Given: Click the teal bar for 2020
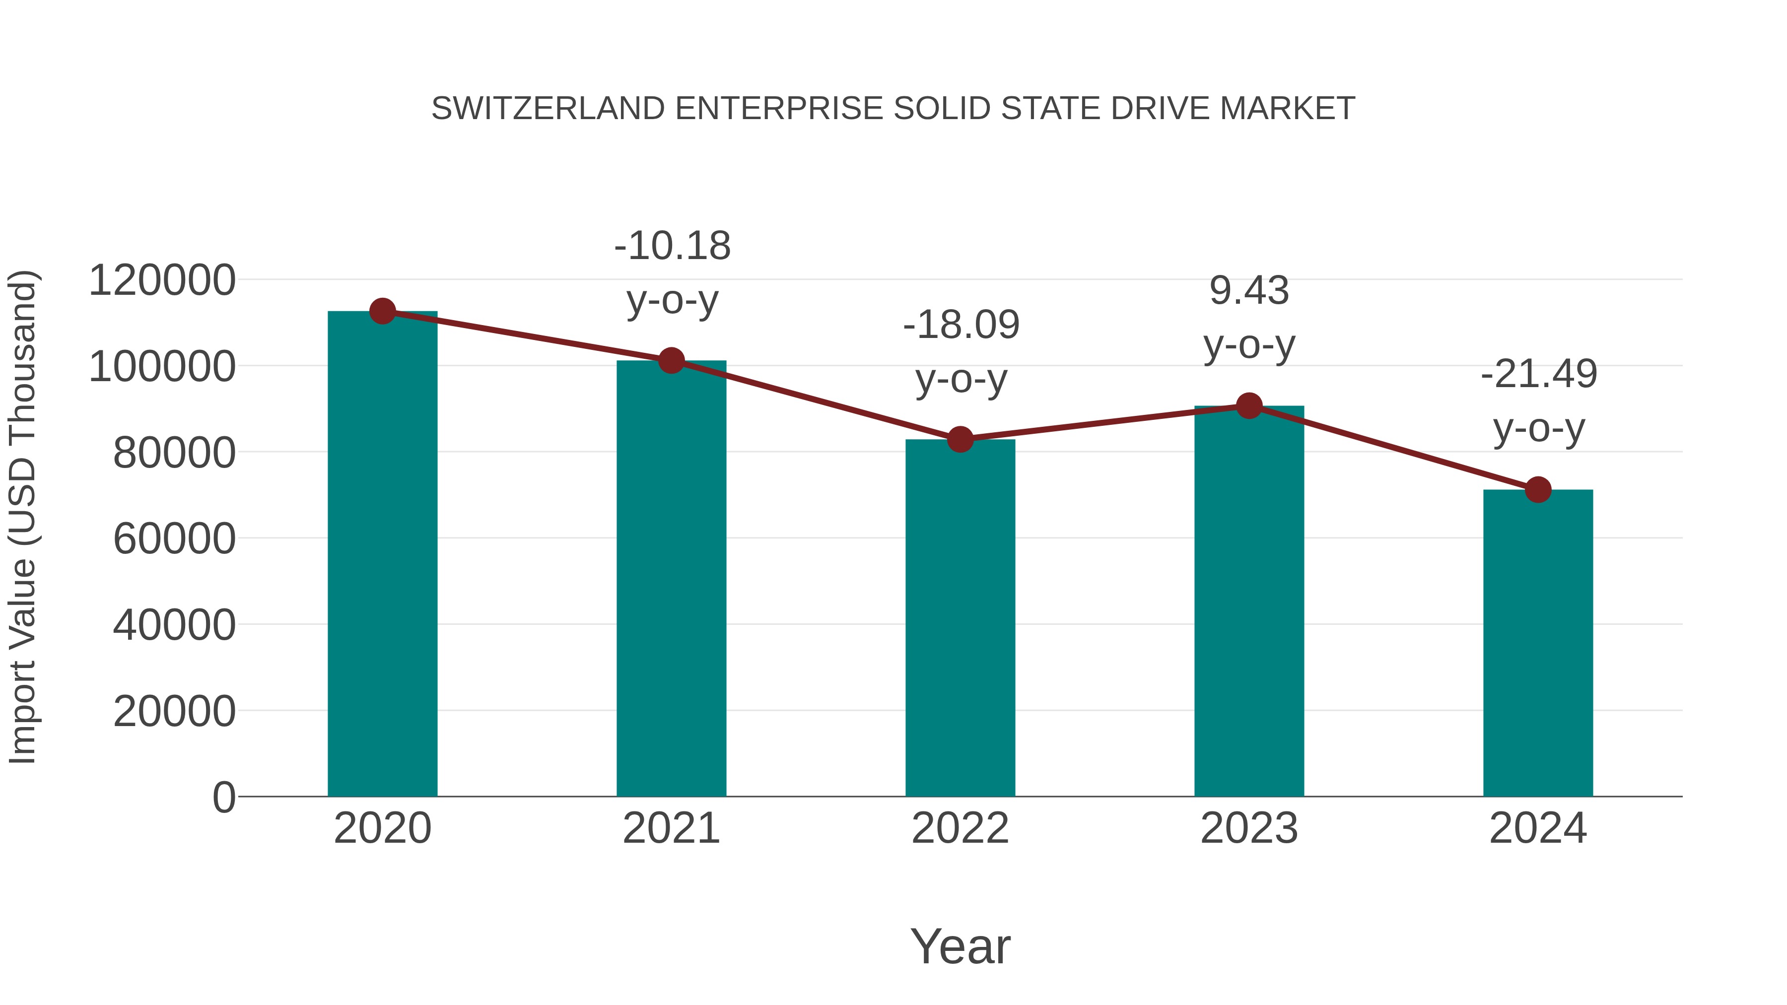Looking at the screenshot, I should (382, 555).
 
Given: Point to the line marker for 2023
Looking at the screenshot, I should (1249, 406).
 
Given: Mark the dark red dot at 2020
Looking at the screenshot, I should (382, 311).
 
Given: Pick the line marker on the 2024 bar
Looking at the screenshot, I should (1538, 490).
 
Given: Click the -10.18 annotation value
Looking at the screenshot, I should (672, 246).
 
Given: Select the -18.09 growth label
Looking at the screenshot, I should (961, 325).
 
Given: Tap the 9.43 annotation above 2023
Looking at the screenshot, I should (1249, 291).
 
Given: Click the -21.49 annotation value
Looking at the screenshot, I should (1539, 375).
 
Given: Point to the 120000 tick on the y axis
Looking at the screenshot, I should (162, 281).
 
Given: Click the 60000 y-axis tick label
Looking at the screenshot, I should (174, 539).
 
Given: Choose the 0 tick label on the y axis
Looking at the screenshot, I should (223, 797).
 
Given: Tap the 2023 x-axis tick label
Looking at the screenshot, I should (1249, 828).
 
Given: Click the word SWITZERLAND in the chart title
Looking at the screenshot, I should (548, 109).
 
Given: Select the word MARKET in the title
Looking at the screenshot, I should (1287, 109).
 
